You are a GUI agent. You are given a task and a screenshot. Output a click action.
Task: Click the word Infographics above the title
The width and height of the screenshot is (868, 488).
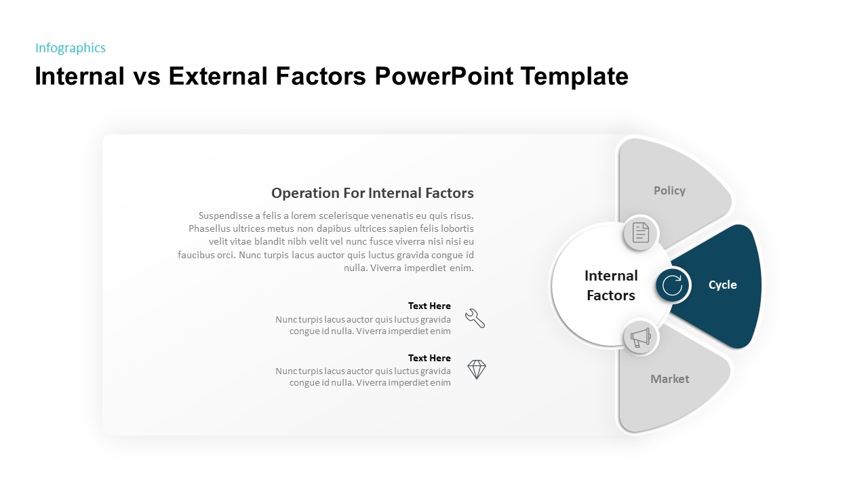(71, 48)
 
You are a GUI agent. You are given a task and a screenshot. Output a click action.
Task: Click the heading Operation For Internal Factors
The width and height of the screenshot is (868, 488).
(372, 193)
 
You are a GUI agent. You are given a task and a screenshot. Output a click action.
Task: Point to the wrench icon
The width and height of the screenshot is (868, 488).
(475, 318)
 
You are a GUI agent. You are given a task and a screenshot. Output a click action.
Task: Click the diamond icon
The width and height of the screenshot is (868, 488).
(477, 369)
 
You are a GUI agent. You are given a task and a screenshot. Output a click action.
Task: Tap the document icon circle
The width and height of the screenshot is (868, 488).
(641, 232)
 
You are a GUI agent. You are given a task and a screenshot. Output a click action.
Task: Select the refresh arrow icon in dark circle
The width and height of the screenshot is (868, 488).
(672, 285)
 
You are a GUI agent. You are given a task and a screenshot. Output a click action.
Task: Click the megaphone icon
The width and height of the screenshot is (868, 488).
(641, 338)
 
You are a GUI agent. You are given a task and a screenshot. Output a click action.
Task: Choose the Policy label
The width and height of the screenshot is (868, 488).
(669, 191)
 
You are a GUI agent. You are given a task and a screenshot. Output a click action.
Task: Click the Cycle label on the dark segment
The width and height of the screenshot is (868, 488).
(722, 285)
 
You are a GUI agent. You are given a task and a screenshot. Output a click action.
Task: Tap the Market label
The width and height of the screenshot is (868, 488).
(669, 380)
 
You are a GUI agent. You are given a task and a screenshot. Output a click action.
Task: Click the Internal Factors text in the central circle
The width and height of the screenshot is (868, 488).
(611, 285)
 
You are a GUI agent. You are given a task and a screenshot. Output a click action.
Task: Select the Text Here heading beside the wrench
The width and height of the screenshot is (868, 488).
(429, 306)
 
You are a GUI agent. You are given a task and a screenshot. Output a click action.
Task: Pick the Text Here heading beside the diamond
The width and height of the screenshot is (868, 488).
(429, 359)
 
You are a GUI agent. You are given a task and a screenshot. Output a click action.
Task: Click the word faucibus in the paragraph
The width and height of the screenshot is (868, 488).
(197, 256)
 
